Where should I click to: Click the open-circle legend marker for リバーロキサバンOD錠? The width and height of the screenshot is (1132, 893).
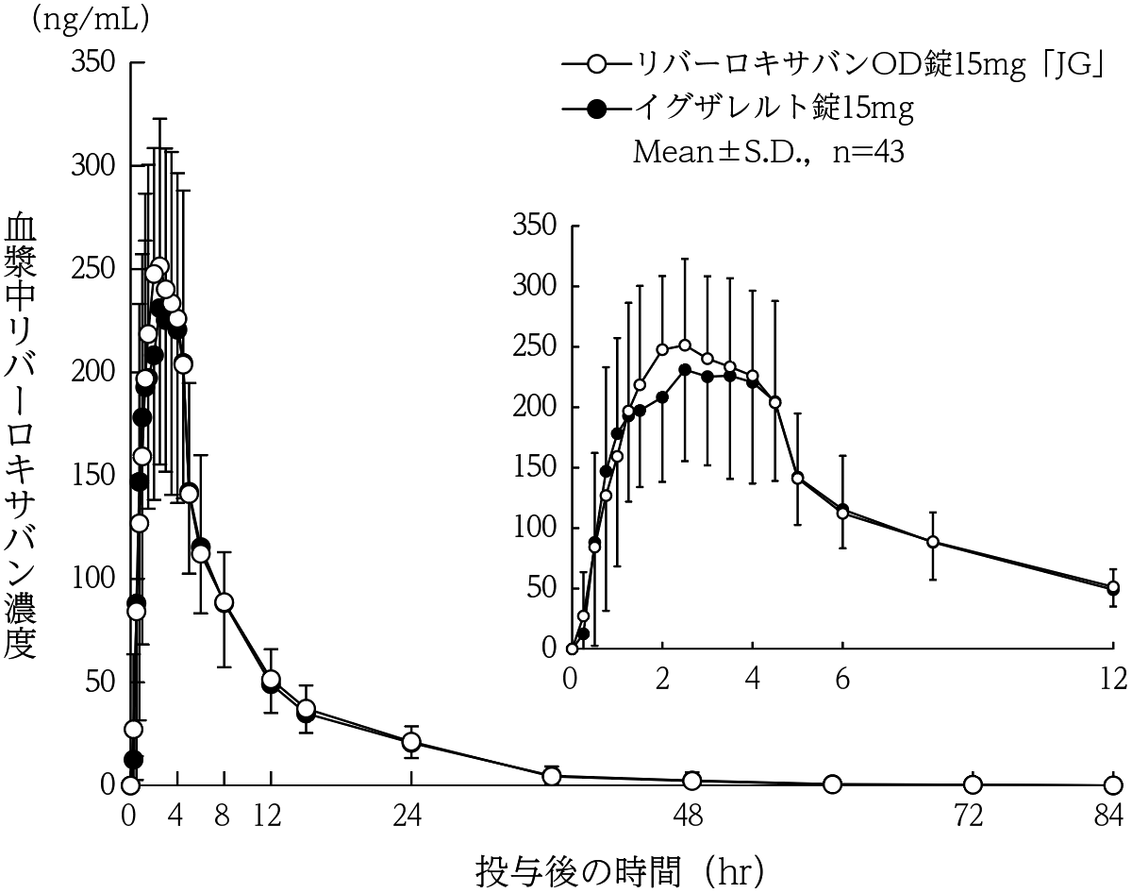[596, 66]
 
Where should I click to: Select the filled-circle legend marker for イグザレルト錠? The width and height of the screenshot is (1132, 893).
[596, 110]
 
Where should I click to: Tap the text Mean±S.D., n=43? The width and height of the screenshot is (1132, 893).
[769, 152]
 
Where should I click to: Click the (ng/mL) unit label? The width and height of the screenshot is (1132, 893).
[90, 21]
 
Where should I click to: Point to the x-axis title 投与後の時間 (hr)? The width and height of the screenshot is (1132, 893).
[620, 872]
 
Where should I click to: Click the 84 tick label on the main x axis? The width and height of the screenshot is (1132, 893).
[1108, 817]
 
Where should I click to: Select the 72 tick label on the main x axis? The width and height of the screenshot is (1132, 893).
[969, 817]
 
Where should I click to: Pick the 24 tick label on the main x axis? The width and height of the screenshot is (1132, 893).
[408, 817]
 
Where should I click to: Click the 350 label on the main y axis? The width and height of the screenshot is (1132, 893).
[93, 62]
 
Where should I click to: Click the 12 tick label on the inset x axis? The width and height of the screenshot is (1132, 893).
[1112, 679]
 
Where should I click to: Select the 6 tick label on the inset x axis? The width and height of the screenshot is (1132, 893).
[842, 679]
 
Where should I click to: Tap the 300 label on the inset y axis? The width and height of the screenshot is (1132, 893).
[535, 286]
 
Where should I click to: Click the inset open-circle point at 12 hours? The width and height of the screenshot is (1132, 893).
[1113, 586]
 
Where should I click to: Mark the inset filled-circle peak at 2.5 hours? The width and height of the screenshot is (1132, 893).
[685, 370]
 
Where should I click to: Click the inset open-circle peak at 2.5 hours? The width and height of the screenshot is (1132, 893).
[685, 345]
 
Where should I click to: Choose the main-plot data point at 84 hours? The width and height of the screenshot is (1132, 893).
[1113, 785]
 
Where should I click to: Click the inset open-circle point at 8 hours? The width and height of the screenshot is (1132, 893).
[933, 542]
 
